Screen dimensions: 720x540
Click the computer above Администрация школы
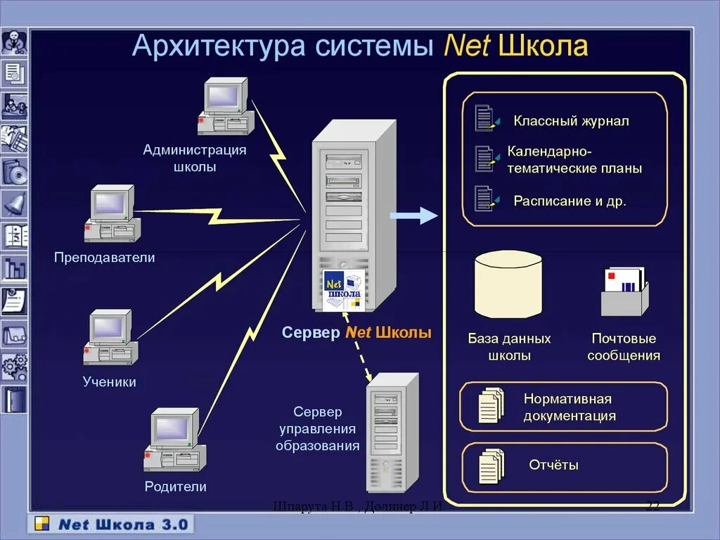pyautogui.click(x=225, y=106)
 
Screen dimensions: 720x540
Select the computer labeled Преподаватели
pyautogui.click(x=112, y=213)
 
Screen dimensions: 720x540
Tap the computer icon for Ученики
pyautogui.click(x=110, y=338)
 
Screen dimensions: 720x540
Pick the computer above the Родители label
pyautogui.click(x=174, y=439)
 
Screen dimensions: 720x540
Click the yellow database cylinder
pyautogui.click(x=508, y=284)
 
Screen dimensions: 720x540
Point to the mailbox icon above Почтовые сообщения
pyautogui.click(x=624, y=290)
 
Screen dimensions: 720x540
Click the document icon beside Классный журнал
pyautogui.click(x=485, y=118)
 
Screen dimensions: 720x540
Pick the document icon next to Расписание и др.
pyautogui.click(x=485, y=199)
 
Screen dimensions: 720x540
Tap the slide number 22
pyautogui.click(x=652, y=506)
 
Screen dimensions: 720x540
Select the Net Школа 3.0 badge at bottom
pyautogui.click(x=111, y=525)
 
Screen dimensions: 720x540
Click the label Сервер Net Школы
pyautogui.click(x=356, y=333)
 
